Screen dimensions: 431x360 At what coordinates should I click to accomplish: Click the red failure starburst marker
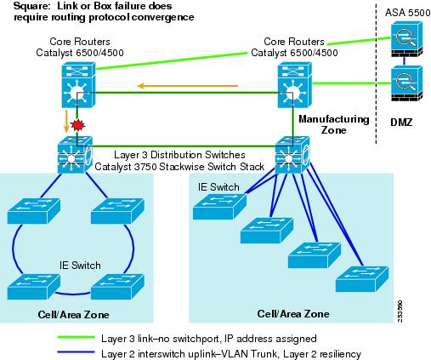tap(77, 125)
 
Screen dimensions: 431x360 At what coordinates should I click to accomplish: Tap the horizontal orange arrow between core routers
tap(187, 86)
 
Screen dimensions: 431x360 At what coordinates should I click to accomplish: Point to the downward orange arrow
tap(66, 121)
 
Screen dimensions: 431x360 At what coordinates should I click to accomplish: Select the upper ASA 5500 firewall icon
tap(406, 40)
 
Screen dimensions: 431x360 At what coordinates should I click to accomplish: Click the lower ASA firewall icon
tap(406, 83)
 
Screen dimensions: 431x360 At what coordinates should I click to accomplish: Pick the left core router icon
tap(79, 85)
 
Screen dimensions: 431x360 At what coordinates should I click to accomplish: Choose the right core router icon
tap(295, 85)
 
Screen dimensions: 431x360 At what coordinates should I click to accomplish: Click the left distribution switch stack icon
tap(75, 155)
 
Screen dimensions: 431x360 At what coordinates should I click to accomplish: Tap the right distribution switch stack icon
tap(292, 155)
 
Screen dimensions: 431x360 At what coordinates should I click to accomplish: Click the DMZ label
tap(401, 123)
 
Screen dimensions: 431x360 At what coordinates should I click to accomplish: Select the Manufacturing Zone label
tap(334, 124)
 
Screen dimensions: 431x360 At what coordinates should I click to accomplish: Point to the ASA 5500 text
tap(407, 13)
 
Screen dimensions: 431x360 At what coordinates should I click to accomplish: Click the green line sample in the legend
tap(76, 337)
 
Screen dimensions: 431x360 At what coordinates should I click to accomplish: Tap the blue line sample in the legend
tap(76, 352)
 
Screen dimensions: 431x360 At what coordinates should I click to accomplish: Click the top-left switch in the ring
tap(33, 211)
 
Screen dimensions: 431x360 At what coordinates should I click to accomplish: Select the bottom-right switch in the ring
tap(117, 287)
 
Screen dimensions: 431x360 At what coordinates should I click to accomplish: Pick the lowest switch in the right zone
tap(362, 279)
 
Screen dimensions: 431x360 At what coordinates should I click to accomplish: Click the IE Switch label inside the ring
tap(80, 266)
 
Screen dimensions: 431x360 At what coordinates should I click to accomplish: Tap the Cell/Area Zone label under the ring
tap(73, 315)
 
